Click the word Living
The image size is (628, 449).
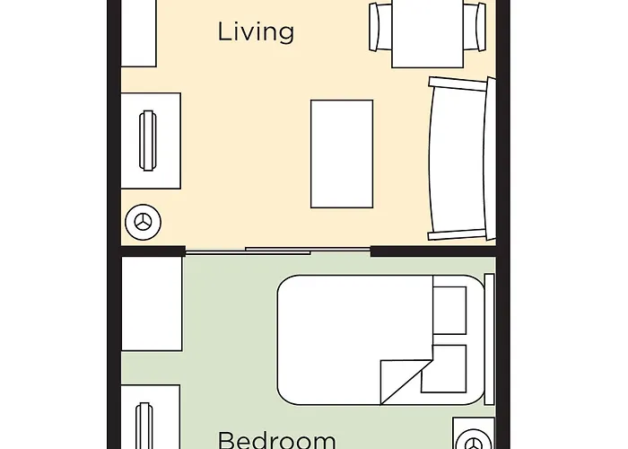[x=256, y=32]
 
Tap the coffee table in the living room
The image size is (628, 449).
[x=341, y=153]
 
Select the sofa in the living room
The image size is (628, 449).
[x=460, y=159]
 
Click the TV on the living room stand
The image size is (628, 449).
[x=147, y=141]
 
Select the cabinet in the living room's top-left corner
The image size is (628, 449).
[x=138, y=33]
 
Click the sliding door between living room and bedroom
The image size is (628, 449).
[x=278, y=251]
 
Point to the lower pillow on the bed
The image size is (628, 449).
[x=444, y=368]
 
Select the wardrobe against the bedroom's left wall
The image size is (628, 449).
[x=151, y=305]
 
